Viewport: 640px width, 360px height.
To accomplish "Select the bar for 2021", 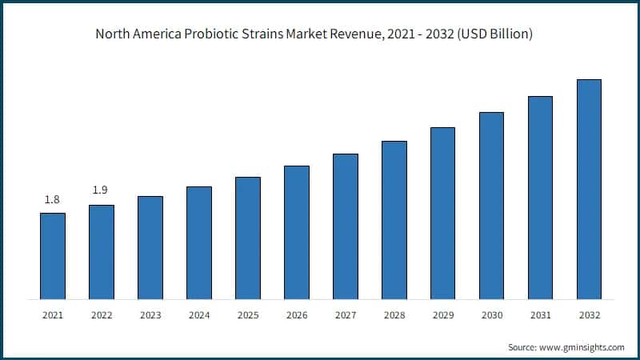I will coord(53,256).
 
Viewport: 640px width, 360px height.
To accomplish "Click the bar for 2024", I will coord(199,243).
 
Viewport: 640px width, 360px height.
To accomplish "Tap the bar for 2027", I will coord(346,226).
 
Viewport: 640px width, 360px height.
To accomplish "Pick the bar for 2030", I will coord(491,206).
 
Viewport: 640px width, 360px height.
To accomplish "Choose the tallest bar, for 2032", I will coord(589,190).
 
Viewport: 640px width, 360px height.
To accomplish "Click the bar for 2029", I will coord(442,213).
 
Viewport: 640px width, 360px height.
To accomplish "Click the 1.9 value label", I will coord(101,190).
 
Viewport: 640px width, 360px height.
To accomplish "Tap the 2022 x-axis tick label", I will coord(102,315).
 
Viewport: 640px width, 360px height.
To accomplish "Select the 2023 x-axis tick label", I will coord(150,315).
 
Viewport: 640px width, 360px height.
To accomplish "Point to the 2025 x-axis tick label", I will coord(248,315).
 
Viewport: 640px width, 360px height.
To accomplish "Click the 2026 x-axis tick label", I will coord(297,315).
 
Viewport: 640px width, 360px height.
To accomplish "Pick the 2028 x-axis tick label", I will coord(394,315).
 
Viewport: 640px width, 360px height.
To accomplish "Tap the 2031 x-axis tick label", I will coord(540,315).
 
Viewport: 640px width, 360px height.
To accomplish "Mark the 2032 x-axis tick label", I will coord(589,315).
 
